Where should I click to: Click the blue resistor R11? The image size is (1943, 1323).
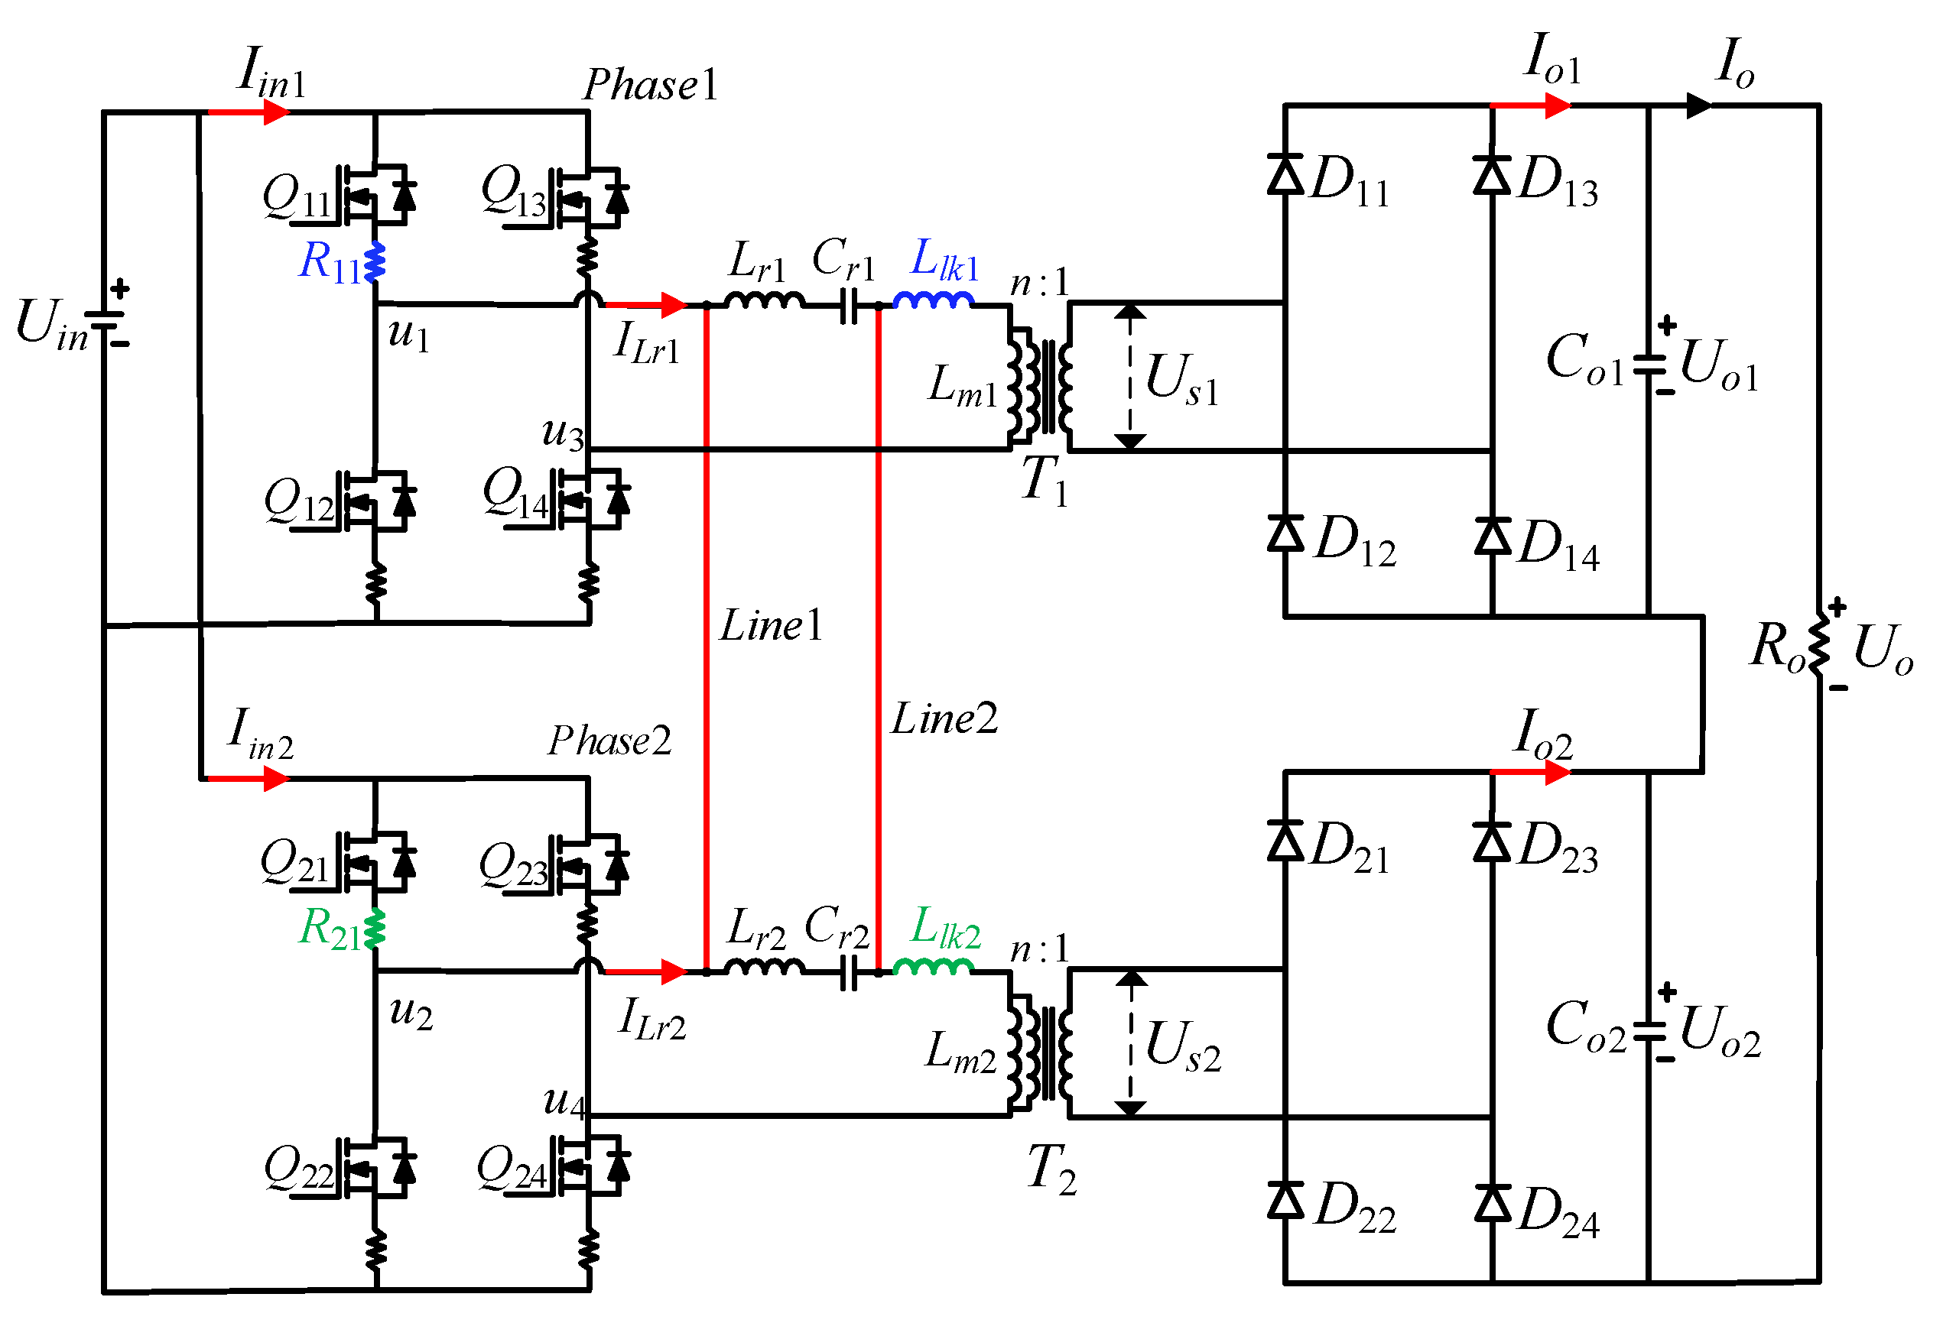[x=375, y=261]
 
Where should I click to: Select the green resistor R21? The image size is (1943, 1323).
[x=375, y=929]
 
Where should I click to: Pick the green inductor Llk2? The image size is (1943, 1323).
[x=934, y=967]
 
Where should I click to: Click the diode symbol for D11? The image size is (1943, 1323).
[x=1285, y=175]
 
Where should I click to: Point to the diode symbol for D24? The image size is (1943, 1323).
[x=1493, y=1204]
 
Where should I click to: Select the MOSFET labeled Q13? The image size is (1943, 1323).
[x=590, y=196]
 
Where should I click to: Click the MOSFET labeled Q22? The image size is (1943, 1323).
[x=376, y=1168]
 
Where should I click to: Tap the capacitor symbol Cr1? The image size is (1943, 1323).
[x=849, y=306]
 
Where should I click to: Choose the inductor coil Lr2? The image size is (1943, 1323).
[x=765, y=967]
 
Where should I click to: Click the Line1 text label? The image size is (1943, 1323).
[x=772, y=625]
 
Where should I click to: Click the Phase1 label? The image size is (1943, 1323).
[x=651, y=84]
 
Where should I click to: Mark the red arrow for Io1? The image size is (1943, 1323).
[x=1531, y=106]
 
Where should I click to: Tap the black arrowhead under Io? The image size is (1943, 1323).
[x=1699, y=106]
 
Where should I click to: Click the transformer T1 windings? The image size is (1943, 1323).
[x=1039, y=381]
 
